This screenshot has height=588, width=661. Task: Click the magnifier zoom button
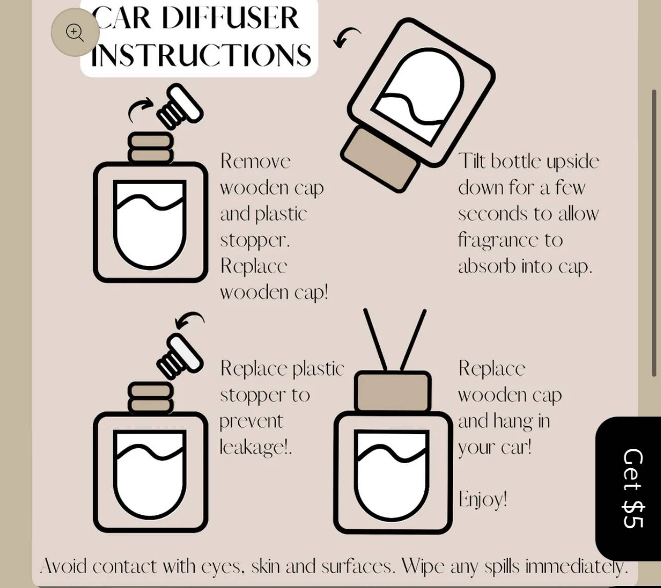[75, 32]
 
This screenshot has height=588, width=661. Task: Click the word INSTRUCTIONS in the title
[201, 55]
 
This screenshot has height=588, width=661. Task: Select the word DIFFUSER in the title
[230, 18]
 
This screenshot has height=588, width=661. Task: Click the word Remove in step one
[255, 161]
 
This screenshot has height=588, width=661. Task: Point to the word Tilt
[471, 161]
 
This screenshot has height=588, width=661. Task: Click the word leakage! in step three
[255, 447]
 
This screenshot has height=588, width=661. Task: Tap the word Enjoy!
[482, 499]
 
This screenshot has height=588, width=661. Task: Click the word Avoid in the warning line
[63, 566]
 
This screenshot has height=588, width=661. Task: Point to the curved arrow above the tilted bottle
[346, 37]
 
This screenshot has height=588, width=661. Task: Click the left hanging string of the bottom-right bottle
[375, 339]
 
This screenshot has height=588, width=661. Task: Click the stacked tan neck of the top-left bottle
[150, 148]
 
